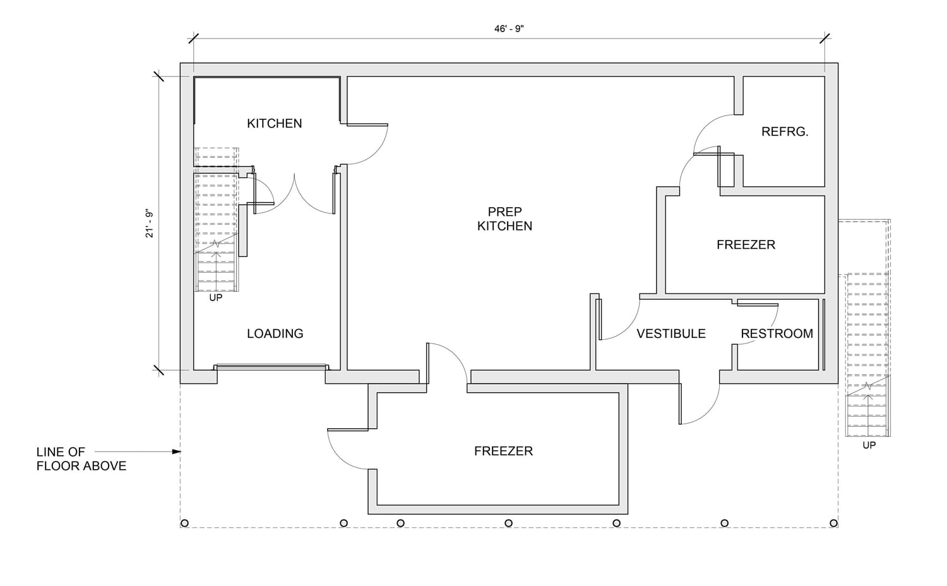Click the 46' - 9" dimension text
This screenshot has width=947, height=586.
click(509, 28)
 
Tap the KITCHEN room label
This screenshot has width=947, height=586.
click(274, 123)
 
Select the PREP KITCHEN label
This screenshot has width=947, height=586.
click(504, 218)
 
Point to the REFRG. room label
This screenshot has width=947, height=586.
click(785, 131)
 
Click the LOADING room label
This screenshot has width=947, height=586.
click(275, 333)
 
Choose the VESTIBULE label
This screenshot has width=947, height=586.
click(670, 333)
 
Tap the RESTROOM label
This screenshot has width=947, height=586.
click(777, 333)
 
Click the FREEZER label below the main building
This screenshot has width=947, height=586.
click(503, 451)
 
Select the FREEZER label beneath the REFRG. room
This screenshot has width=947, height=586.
click(746, 244)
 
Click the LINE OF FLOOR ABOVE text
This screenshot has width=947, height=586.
click(81, 459)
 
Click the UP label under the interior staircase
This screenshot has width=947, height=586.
click(216, 297)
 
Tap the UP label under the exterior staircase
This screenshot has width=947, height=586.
click(869, 445)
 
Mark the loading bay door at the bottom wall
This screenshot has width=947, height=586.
click(271, 367)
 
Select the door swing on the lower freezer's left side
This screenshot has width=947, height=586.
click(345, 450)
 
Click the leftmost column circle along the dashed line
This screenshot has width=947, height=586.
click(185, 523)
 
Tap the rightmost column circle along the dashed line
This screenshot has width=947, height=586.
click(833, 523)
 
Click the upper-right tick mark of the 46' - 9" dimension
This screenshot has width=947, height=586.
click(825, 39)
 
